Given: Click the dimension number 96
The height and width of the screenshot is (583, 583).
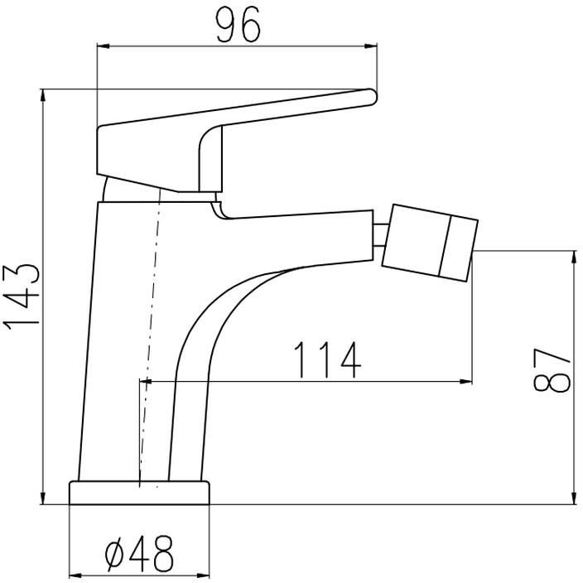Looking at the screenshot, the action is tap(238, 25).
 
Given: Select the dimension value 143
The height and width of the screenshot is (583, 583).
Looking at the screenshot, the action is tap(22, 297).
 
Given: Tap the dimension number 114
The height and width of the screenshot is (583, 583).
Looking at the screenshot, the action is tap(328, 360).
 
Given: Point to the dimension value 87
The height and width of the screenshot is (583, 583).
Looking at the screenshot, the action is tap(552, 370).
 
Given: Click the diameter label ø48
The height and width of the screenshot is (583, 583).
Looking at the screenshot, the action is tap(138, 554).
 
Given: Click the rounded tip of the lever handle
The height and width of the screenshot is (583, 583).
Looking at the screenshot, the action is tap(372, 97).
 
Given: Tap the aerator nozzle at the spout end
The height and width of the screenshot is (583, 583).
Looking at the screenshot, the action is tap(430, 243).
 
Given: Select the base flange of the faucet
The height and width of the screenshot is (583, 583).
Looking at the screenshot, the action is tap(139, 493).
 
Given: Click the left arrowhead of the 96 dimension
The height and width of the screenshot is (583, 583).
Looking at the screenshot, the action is tap(103, 46).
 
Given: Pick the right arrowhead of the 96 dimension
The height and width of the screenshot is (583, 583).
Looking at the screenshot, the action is tap(371, 46).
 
